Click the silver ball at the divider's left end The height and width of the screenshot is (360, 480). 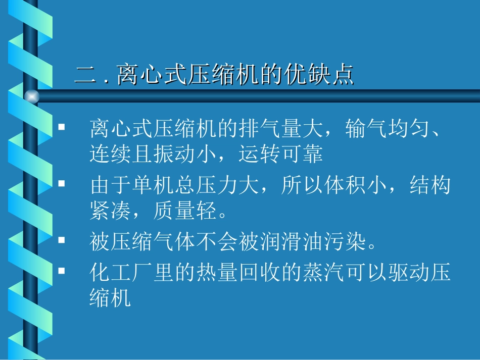click(x=32, y=96)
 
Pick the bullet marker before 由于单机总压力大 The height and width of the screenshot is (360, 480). click(x=62, y=185)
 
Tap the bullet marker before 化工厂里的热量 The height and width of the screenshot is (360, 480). click(x=62, y=271)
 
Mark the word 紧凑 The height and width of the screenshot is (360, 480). click(x=110, y=211)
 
